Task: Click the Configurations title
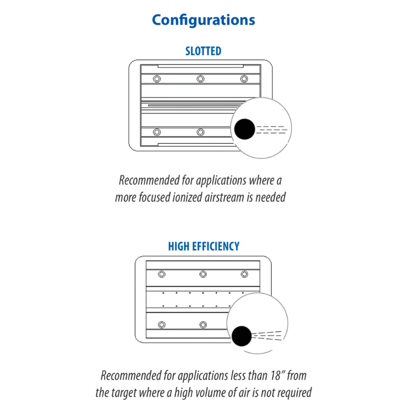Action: pyautogui.click(x=203, y=20)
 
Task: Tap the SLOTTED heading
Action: pyautogui.click(x=203, y=51)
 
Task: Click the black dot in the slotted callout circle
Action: pyautogui.click(x=244, y=129)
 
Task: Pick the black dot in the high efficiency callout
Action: pyautogui.click(x=241, y=336)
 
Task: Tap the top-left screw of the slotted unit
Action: pyautogui.click(x=157, y=79)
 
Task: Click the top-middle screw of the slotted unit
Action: pyautogui.click(x=200, y=79)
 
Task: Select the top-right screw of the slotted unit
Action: pyautogui.click(x=244, y=79)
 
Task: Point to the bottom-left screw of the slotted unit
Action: pyautogui.click(x=157, y=132)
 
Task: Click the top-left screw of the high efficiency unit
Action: pyautogui.click(x=161, y=274)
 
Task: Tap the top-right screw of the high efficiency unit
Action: pyautogui.click(x=244, y=274)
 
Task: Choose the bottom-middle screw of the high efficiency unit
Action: pyautogui.click(x=203, y=325)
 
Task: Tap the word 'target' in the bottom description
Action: pyautogui.click(x=119, y=393)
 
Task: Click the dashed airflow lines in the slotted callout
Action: pyautogui.click(x=272, y=130)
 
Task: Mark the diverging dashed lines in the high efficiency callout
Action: pyautogui.click(x=267, y=335)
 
